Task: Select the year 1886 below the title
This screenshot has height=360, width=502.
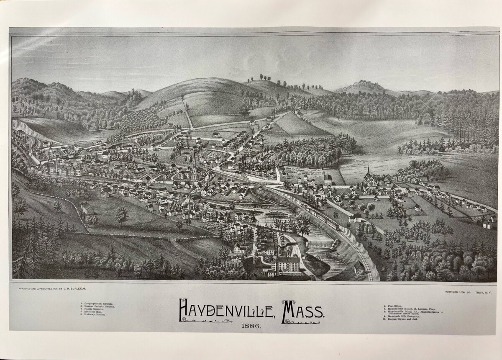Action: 251,326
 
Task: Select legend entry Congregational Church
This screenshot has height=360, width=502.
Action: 97,303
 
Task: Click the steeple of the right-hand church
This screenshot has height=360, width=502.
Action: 368,171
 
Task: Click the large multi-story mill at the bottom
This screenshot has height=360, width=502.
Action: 285,264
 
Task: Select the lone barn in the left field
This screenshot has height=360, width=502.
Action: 87,207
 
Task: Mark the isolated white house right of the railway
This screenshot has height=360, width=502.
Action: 355,218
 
